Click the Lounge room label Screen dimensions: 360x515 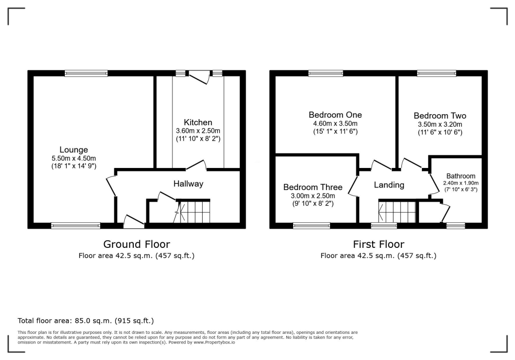click(x=74, y=149)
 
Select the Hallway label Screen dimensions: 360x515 click(x=189, y=184)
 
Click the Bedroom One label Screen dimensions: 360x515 click(x=335, y=115)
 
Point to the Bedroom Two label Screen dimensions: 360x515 click(x=440, y=116)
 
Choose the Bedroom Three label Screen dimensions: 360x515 click(x=312, y=187)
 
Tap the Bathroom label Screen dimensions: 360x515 click(x=461, y=176)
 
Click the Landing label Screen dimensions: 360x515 click(x=389, y=185)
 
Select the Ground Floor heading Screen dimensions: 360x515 click(x=136, y=244)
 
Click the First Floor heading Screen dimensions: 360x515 click(x=378, y=244)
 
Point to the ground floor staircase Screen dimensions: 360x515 click(x=194, y=211)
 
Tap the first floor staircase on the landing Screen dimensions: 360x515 click(x=398, y=211)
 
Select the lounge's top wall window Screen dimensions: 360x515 click(x=86, y=73)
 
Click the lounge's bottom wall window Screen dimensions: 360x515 click(x=75, y=226)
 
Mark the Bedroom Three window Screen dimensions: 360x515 click(x=312, y=226)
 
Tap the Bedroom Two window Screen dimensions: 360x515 click(x=437, y=73)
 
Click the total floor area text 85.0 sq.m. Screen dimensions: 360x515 click(x=85, y=320)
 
